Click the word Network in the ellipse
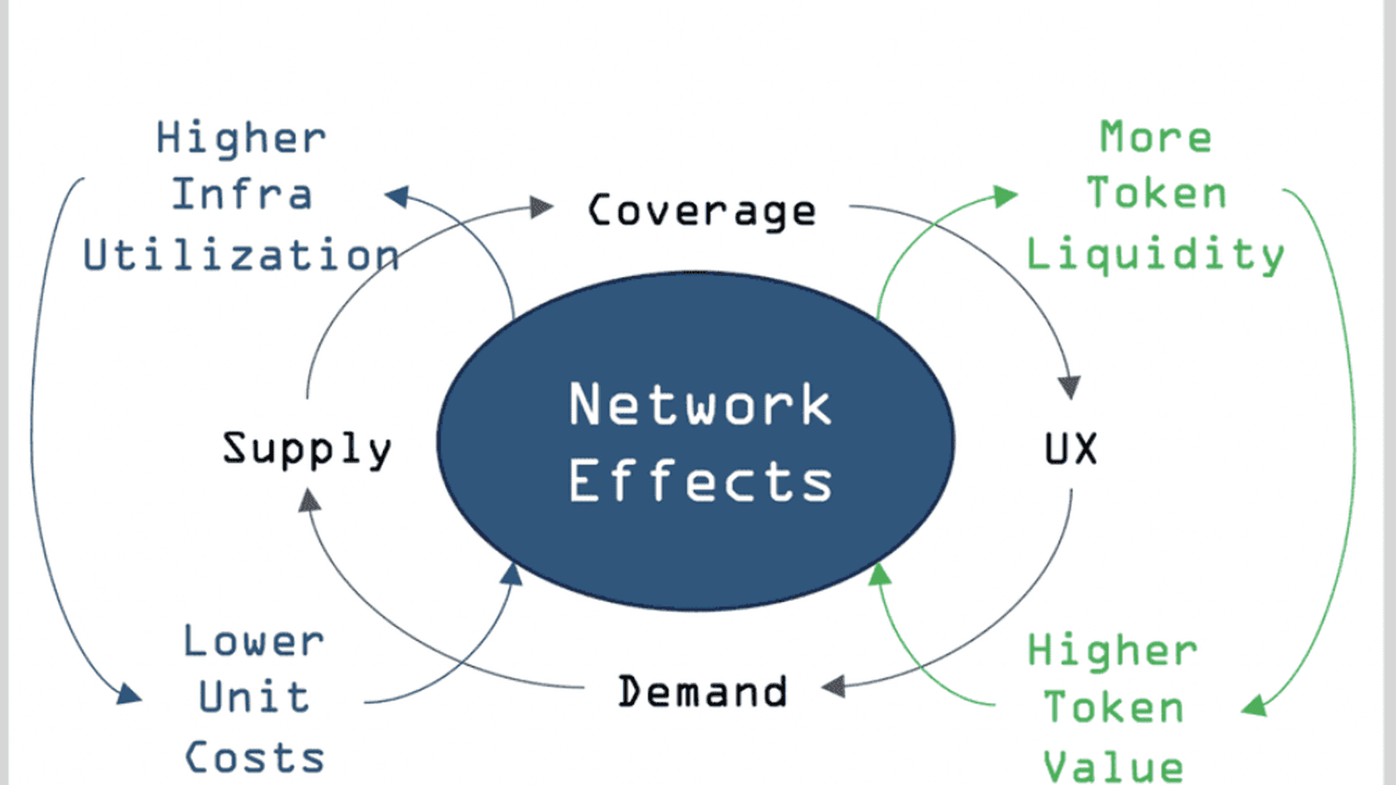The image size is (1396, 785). pyautogui.click(x=700, y=406)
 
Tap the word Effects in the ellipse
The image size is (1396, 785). pyautogui.click(x=700, y=481)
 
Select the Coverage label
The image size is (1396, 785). pyautogui.click(x=702, y=211)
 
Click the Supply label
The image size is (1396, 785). pyautogui.click(x=307, y=449)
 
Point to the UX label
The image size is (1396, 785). pyautogui.click(x=1070, y=449)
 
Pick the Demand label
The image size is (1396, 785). pyautogui.click(x=703, y=692)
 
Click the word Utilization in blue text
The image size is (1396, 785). pyautogui.click(x=241, y=254)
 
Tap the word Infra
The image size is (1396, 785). pyautogui.click(x=242, y=195)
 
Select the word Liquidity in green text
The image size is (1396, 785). pyautogui.click(x=1155, y=254)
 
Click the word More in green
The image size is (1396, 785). pyautogui.click(x=1156, y=136)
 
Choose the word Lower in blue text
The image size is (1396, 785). pyautogui.click(x=253, y=641)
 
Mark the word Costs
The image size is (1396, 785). pyautogui.click(x=254, y=758)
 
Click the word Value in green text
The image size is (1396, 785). pyautogui.click(x=1113, y=766)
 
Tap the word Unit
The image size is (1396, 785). pyautogui.click(x=254, y=697)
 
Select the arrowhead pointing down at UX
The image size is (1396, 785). pyautogui.click(x=1069, y=388)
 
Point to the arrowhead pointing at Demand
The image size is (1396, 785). pyautogui.click(x=833, y=687)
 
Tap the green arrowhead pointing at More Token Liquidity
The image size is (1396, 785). pyautogui.click(x=1007, y=196)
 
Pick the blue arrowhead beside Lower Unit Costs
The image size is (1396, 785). pyautogui.click(x=129, y=694)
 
